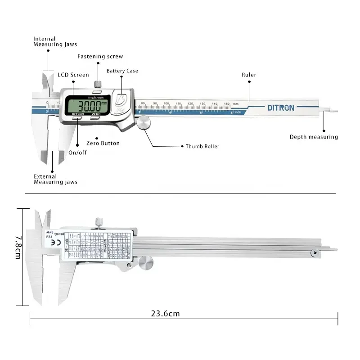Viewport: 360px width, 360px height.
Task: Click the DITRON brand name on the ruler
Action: point(281,108)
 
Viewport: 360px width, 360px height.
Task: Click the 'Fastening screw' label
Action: point(100,56)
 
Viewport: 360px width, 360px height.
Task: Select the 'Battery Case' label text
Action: point(122,71)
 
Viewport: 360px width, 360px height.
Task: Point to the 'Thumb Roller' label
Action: point(202,146)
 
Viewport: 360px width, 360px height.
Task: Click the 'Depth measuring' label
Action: point(314,137)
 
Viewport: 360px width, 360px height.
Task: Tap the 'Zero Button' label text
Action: point(103,143)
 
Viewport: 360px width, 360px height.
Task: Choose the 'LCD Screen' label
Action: point(73,75)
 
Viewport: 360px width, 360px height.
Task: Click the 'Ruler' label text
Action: point(249,75)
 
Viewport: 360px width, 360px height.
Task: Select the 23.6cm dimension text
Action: point(165,314)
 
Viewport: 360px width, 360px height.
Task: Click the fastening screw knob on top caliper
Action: point(98,85)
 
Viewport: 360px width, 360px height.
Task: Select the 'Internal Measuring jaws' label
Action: point(55,41)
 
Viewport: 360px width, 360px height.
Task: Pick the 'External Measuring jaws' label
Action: point(55,179)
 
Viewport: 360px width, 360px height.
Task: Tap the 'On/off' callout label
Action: point(78,153)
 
